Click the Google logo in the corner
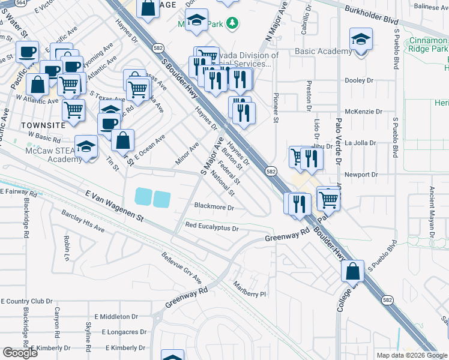[20, 353]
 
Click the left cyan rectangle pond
[144, 197]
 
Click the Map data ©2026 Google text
[412, 355]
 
